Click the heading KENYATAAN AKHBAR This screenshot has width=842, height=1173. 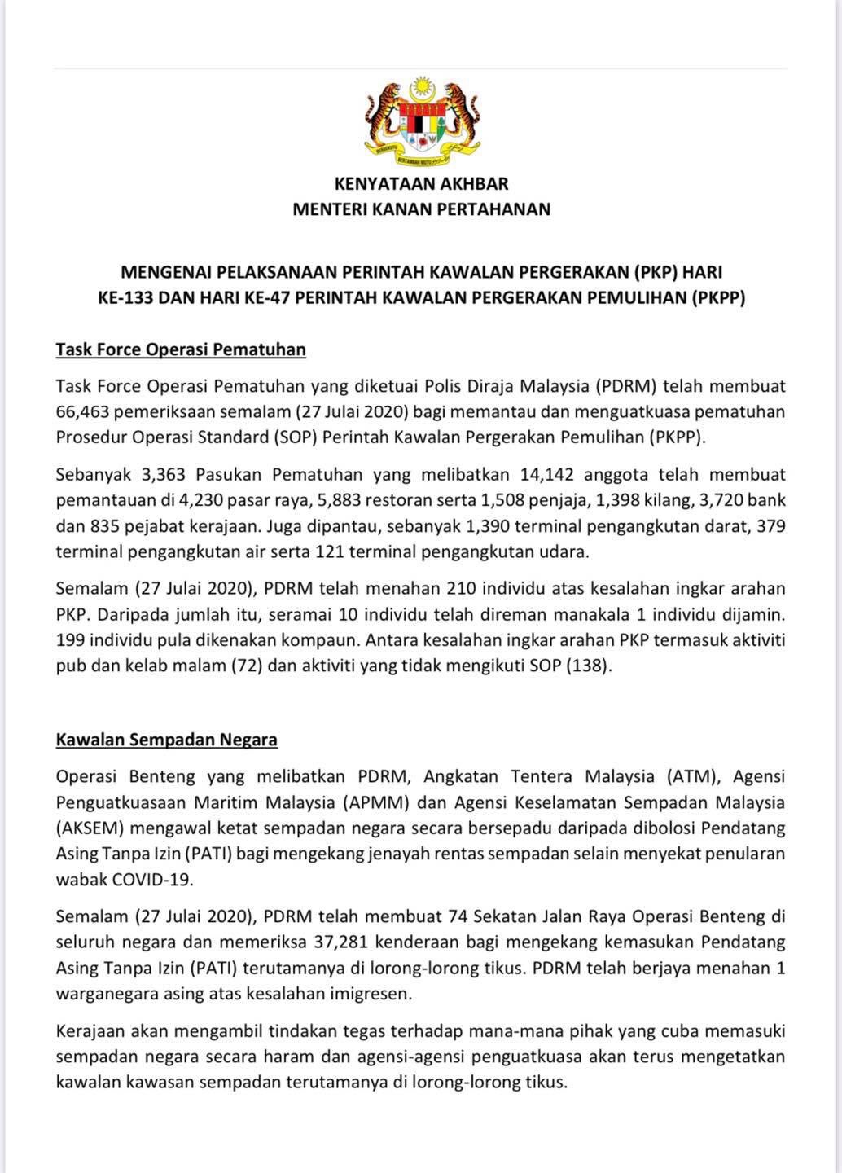[421, 184]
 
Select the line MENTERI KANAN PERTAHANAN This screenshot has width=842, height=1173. [421, 209]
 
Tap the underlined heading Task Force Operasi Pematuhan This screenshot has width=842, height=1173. [181, 350]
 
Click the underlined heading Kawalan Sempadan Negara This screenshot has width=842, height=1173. [166, 740]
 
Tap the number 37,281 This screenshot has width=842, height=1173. [339, 942]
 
